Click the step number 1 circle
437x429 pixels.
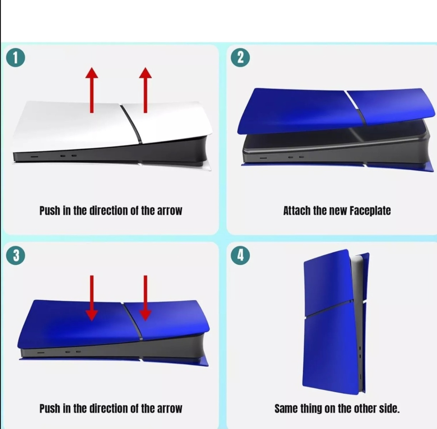click(x=16, y=58)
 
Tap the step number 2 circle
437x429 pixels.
click(x=240, y=58)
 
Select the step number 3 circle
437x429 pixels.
click(x=16, y=256)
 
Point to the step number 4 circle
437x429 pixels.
click(x=240, y=256)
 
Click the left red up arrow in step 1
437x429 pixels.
click(x=92, y=90)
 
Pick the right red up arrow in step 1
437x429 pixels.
click(x=145, y=90)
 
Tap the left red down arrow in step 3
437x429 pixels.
click(x=92, y=298)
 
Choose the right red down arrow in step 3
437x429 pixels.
click(x=145, y=298)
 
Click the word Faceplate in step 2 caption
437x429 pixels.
click(x=370, y=211)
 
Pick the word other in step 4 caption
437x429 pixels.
click(x=364, y=409)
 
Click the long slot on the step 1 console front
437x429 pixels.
click(x=35, y=157)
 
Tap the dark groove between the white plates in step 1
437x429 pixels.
click(x=131, y=124)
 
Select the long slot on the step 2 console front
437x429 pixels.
click(x=263, y=158)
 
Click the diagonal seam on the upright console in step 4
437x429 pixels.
click(x=328, y=308)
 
